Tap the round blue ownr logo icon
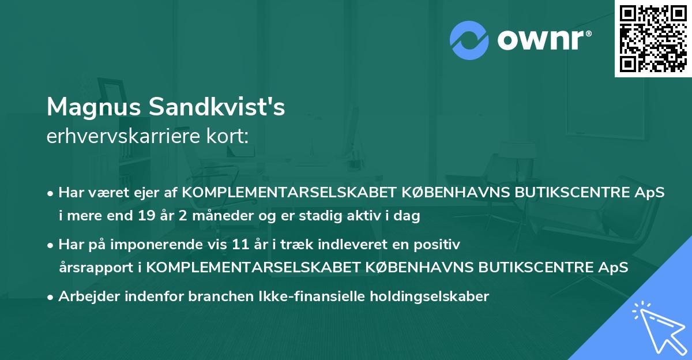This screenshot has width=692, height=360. (x=469, y=40)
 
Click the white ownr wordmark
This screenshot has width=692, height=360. (x=544, y=41)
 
